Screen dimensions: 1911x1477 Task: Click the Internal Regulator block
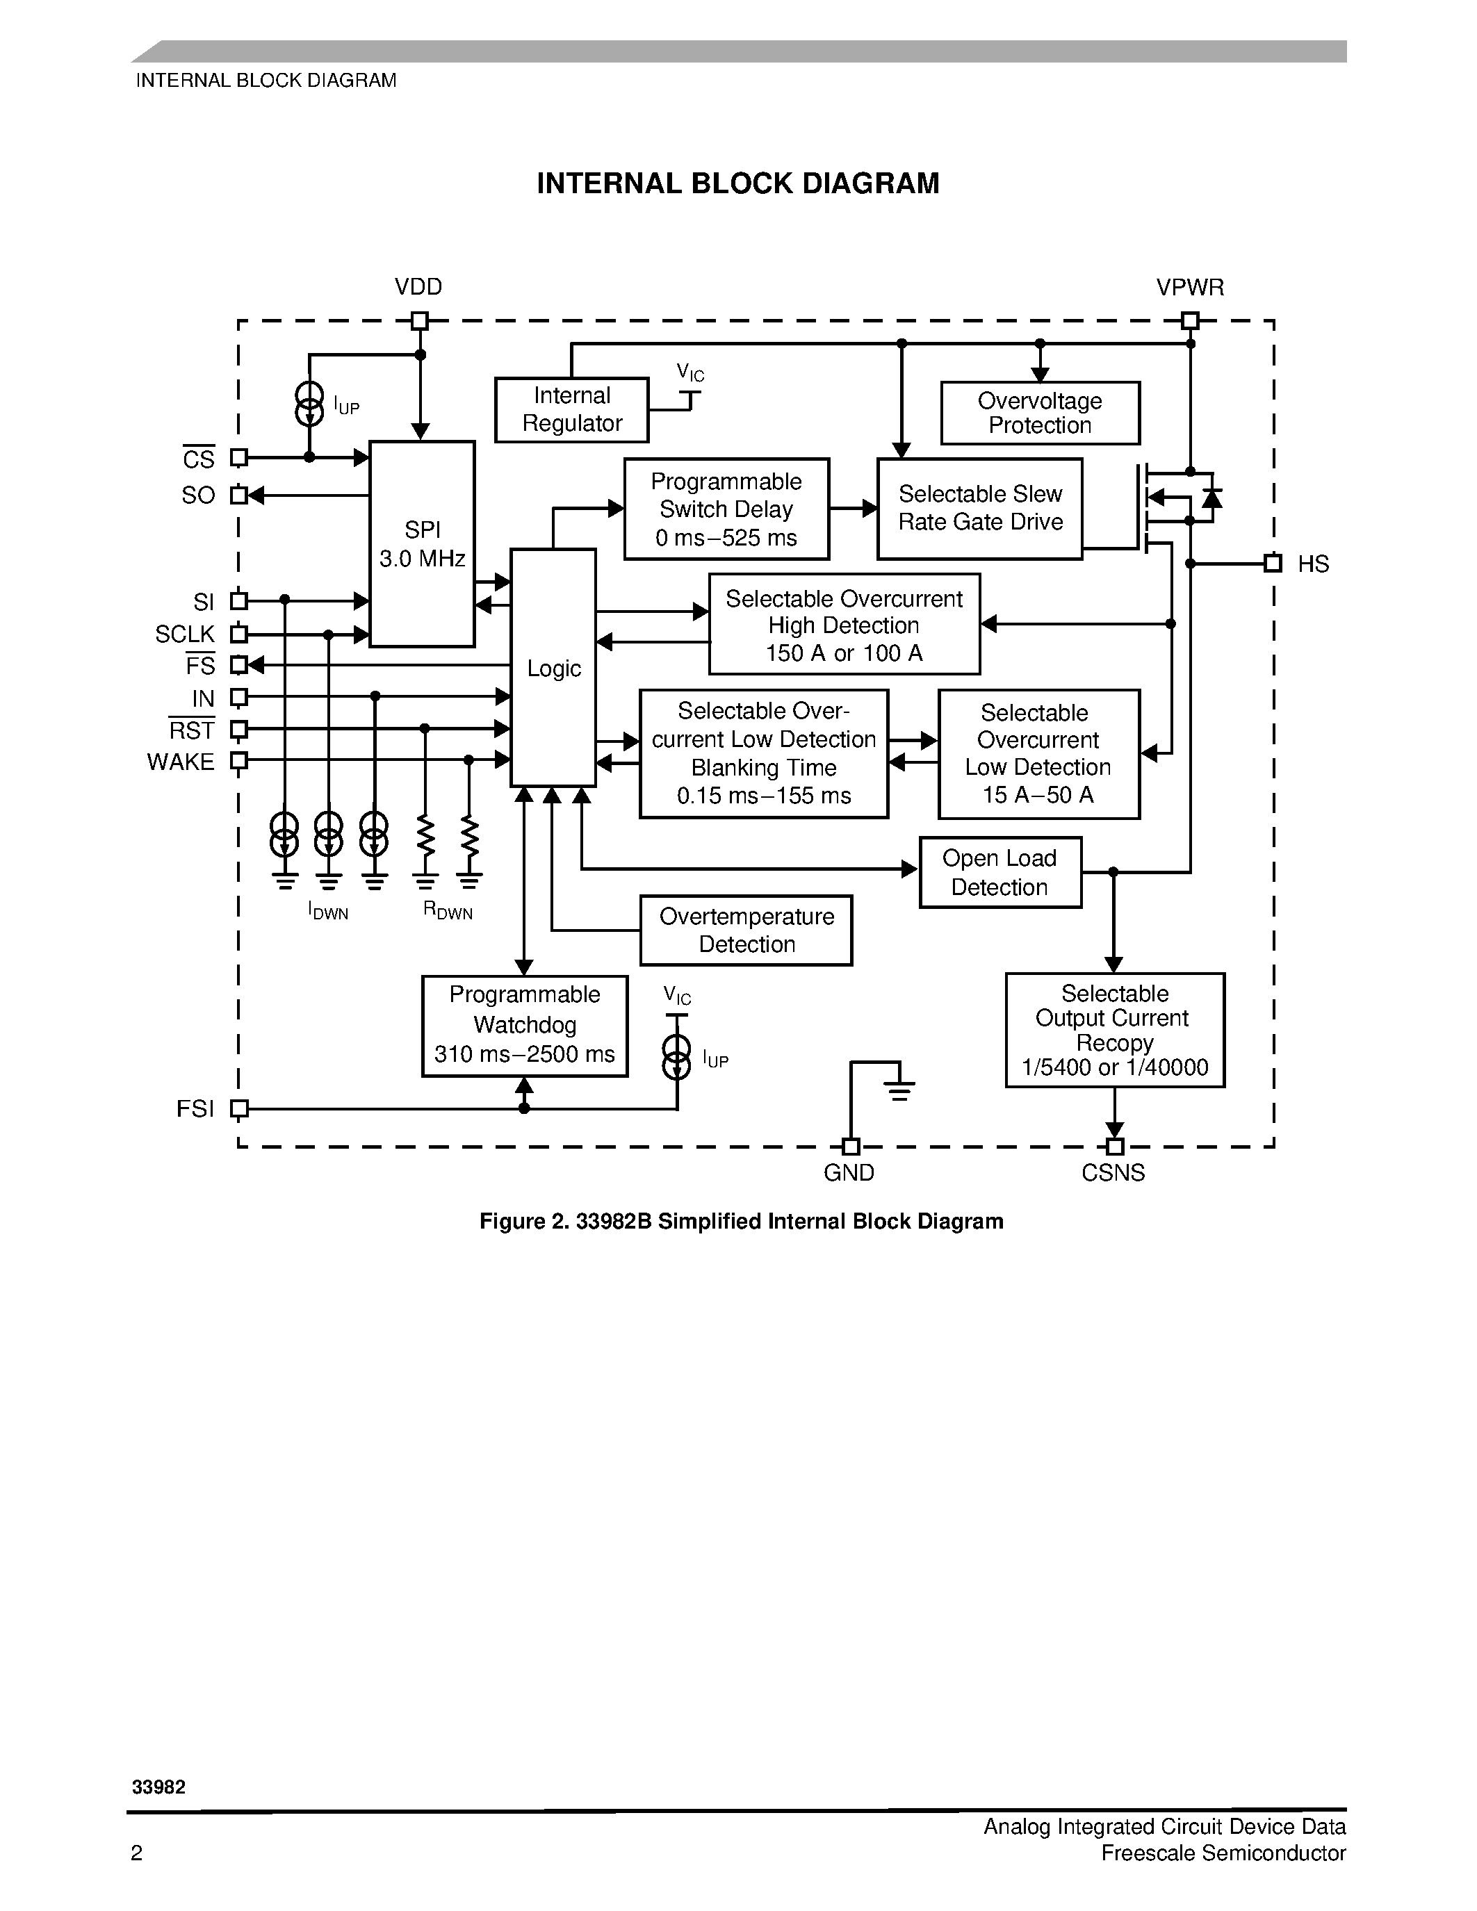click(x=571, y=409)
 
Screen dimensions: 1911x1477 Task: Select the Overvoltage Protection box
click(x=1040, y=413)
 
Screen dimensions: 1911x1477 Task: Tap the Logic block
click(x=553, y=668)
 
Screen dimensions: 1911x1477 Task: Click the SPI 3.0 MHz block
click(x=422, y=543)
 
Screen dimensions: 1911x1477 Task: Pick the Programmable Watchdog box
click(x=524, y=1026)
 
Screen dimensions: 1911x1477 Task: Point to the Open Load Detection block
click(x=1000, y=872)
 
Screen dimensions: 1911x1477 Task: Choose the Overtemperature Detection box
click(x=746, y=930)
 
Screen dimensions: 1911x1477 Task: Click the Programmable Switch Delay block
click(x=726, y=509)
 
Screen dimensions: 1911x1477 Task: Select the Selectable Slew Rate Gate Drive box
click(x=979, y=509)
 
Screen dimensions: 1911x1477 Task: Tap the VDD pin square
click(x=420, y=321)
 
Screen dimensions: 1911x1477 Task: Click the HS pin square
click(x=1273, y=564)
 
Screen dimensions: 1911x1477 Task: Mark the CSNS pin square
click(x=1114, y=1146)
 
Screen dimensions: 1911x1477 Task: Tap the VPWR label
click(x=1190, y=288)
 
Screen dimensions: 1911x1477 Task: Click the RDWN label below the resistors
click(x=447, y=911)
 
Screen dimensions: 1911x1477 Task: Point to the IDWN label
click(x=328, y=911)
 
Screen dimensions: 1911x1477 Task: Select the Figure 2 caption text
click(x=741, y=1222)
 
